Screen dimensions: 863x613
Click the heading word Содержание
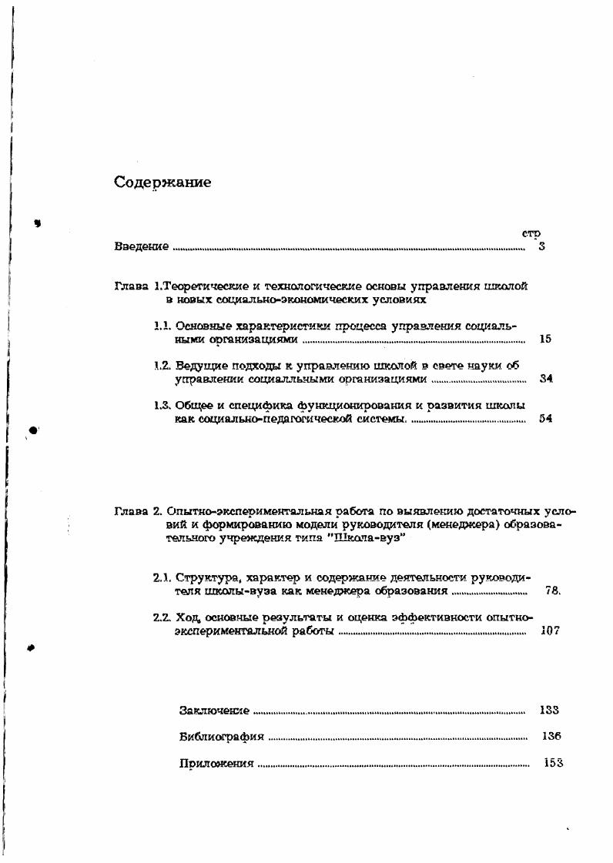(x=162, y=182)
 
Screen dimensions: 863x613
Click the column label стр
(x=531, y=233)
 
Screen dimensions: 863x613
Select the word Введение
(x=141, y=246)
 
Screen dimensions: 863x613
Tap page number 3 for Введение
(x=542, y=246)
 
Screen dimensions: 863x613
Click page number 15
(x=546, y=339)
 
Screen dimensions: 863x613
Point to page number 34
(x=547, y=379)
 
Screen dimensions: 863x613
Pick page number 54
(x=547, y=420)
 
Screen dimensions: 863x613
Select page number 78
(x=551, y=591)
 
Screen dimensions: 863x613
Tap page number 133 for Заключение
(x=549, y=710)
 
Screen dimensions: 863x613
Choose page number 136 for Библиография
(x=551, y=736)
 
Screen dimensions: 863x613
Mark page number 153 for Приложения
(x=553, y=763)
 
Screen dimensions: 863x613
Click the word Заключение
(x=213, y=711)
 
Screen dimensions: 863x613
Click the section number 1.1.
(x=162, y=326)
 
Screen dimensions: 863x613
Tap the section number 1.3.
(x=162, y=406)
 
